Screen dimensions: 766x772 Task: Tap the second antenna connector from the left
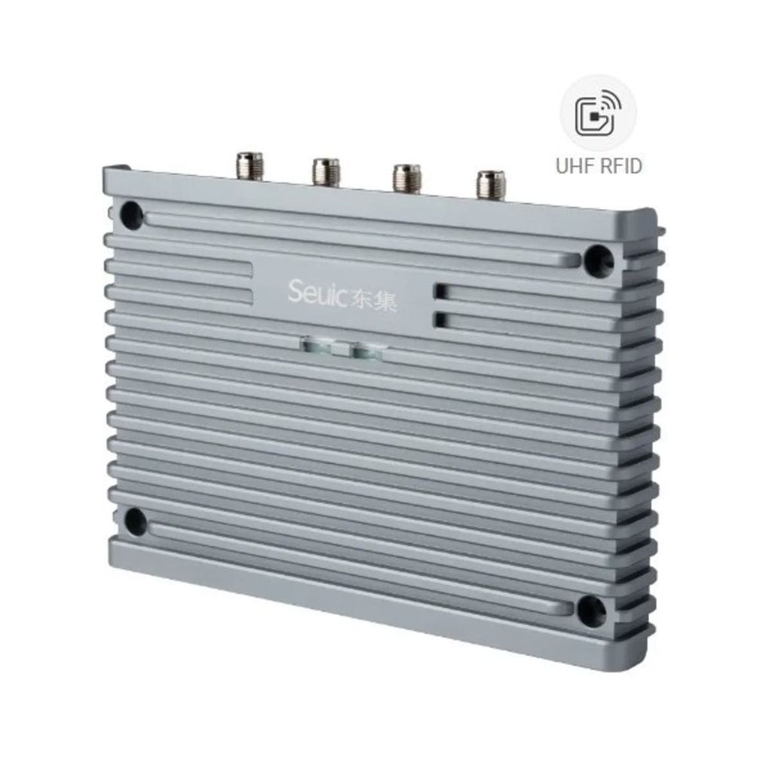coord(326,171)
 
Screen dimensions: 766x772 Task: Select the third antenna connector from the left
coord(406,177)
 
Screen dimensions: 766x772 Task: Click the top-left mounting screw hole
coord(131,215)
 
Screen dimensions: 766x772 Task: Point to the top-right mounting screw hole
coord(599,260)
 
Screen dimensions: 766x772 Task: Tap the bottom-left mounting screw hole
coord(136,521)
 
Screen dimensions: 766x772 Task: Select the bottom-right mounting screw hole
coord(591,611)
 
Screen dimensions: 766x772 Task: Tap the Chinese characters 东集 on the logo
coord(373,300)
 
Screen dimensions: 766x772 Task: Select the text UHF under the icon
coord(574,166)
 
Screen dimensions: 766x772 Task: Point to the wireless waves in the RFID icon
coord(608,106)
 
